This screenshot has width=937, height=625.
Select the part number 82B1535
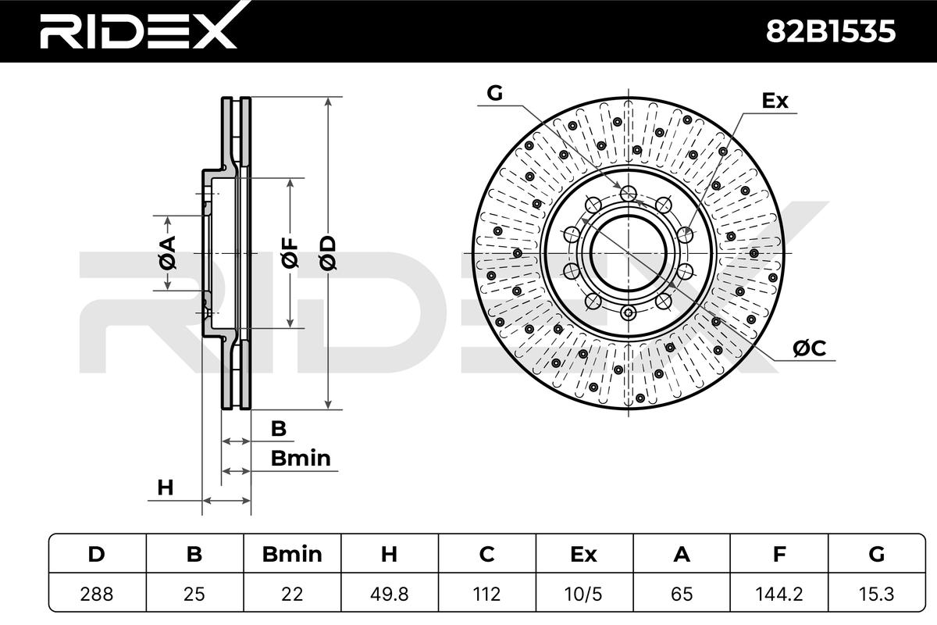(830, 31)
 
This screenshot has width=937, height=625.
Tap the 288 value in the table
(97, 594)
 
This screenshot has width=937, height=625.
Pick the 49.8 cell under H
(389, 594)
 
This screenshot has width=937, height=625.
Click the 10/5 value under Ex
(583, 594)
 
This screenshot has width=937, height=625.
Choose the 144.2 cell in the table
(779, 594)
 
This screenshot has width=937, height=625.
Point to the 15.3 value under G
(876, 594)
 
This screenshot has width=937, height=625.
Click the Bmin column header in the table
(292, 554)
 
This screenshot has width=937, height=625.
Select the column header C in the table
(487, 554)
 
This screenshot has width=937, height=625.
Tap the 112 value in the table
(487, 594)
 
